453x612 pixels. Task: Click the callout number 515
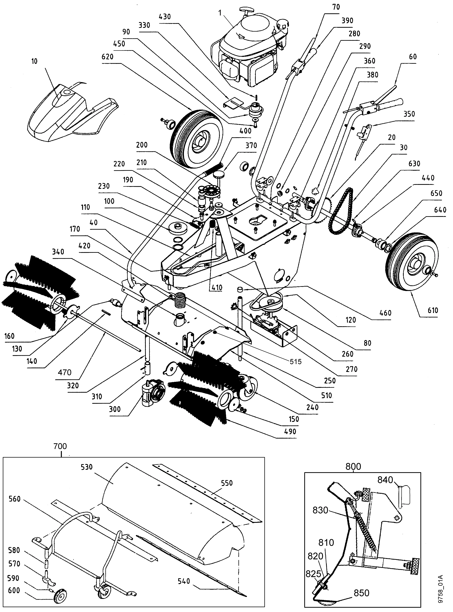click(296, 362)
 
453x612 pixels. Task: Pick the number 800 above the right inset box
click(353, 466)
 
